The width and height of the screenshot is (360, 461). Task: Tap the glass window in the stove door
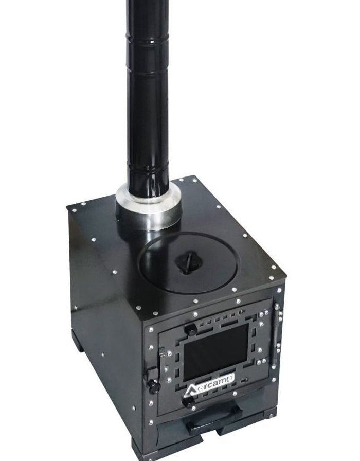(216, 351)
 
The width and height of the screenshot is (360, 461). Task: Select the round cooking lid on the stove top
(188, 262)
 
